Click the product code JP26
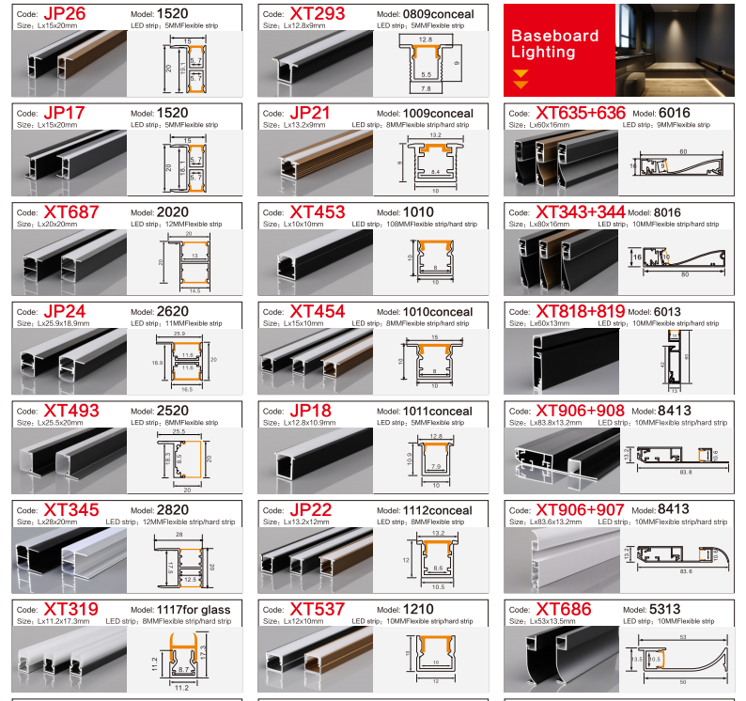coord(64,14)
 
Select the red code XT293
coord(318,14)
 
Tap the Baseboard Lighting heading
coord(554,44)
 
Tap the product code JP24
coord(64,311)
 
